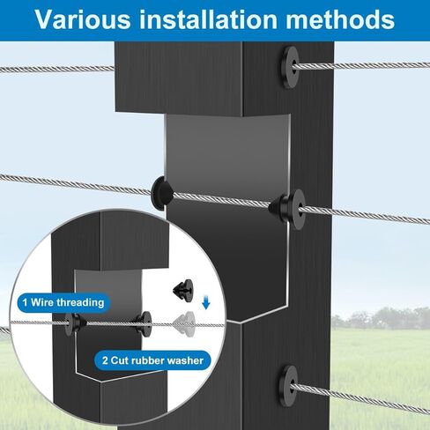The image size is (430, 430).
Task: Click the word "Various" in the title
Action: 83,19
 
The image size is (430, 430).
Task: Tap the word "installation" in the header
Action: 208,19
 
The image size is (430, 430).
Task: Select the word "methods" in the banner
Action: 340,19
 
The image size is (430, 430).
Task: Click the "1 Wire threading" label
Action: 63,302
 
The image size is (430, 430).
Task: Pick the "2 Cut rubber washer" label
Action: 152,360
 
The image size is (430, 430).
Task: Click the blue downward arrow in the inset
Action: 206,303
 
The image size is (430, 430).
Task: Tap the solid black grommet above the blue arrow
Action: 183,291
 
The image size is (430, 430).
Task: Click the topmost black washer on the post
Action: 290,67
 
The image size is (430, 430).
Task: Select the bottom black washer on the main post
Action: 288,386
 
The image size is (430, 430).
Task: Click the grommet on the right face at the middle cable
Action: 288,209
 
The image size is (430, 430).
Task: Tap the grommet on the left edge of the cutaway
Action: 161,193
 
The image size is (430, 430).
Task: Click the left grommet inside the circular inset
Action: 75,324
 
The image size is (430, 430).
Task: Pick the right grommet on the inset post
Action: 143,323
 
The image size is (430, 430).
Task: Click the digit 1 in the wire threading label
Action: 25,302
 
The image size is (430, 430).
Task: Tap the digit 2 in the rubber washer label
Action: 105,360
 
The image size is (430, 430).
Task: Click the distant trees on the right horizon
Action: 382,319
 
